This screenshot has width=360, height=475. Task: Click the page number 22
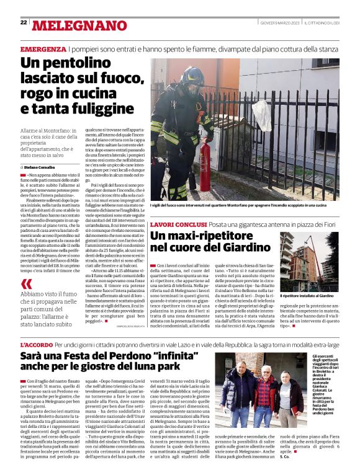pyautogui.click(x=24, y=23)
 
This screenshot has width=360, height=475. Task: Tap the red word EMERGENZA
pyautogui.click(x=43, y=49)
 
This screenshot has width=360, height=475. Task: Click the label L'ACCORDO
pyautogui.click(x=35, y=344)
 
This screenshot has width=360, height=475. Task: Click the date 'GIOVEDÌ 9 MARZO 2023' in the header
pyautogui.click(x=281, y=23)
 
